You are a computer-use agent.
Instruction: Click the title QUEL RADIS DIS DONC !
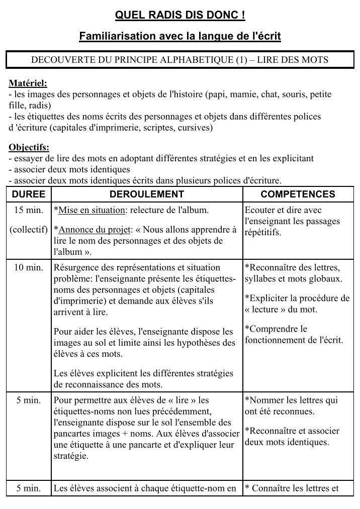(180, 17)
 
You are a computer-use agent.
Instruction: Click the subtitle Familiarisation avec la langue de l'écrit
(180, 36)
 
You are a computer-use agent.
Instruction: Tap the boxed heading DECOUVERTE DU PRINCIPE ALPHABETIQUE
(180, 60)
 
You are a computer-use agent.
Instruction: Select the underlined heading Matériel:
(28, 83)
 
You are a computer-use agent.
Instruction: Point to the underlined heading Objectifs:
(29, 148)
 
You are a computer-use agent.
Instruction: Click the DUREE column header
(28, 194)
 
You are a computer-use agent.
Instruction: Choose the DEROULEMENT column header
(147, 194)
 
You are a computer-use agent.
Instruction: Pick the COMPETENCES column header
(298, 194)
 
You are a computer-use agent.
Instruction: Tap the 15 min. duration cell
(29, 210)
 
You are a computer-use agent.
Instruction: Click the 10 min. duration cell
(29, 267)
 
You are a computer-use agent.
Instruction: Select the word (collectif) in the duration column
(29, 230)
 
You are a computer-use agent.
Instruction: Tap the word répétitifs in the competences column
(263, 233)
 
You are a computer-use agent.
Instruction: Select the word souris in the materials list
(269, 94)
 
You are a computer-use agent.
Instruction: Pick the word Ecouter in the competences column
(258, 210)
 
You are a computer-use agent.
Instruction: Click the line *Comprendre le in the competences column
(276, 329)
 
